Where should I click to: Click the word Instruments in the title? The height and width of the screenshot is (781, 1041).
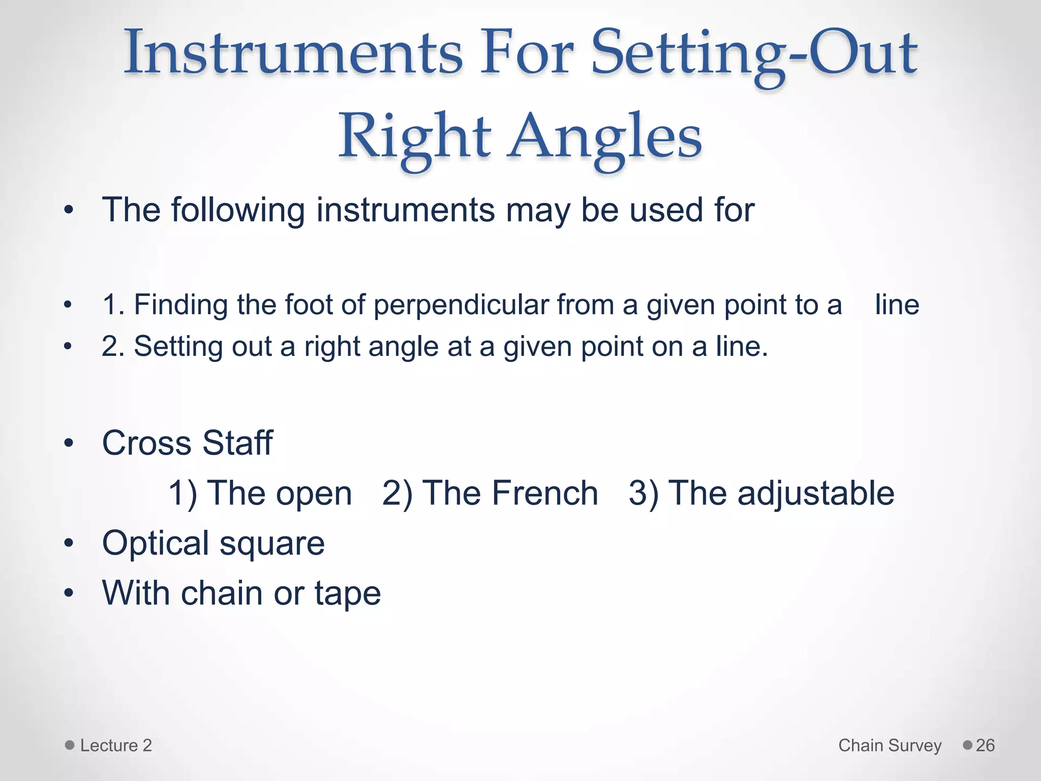click(x=293, y=52)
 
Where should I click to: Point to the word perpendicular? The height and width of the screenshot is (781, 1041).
click(x=461, y=305)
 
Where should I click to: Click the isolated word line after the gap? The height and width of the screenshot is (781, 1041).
click(x=897, y=305)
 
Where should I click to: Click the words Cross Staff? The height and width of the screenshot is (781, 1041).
click(x=187, y=442)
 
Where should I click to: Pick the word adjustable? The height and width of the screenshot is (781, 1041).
click(x=815, y=494)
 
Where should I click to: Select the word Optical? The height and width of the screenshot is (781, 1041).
click(x=156, y=544)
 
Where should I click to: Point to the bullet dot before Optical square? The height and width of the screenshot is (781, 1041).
click(x=69, y=544)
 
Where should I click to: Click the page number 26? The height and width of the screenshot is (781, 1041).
click(x=985, y=745)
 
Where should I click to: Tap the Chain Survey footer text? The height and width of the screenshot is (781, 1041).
click(x=890, y=745)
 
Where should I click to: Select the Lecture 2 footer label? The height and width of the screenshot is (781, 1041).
click(x=116, y=745)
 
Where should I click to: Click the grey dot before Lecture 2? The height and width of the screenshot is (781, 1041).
click(x=70, y=745)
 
